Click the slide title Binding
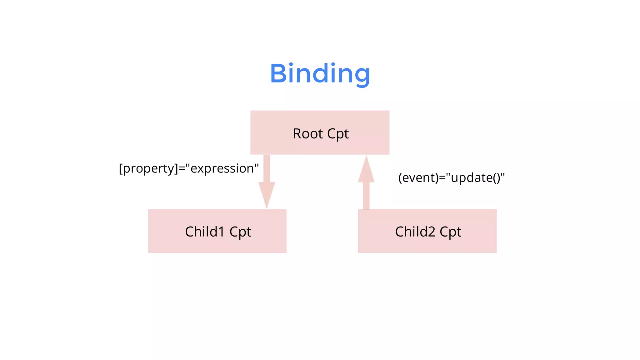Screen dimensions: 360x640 click(320, 74)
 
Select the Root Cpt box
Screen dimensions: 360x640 click(320, 132)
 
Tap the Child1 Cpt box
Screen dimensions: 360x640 click(217, 231)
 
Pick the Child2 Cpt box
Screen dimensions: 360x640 click(427, 231)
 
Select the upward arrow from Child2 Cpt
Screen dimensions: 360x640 click(366, 184)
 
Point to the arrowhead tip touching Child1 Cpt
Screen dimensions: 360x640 click(267, 207)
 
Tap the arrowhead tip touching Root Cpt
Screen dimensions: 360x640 click(366, 157)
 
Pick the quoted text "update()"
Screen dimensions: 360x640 click(475, 178)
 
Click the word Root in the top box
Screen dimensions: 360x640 click(308, 134)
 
